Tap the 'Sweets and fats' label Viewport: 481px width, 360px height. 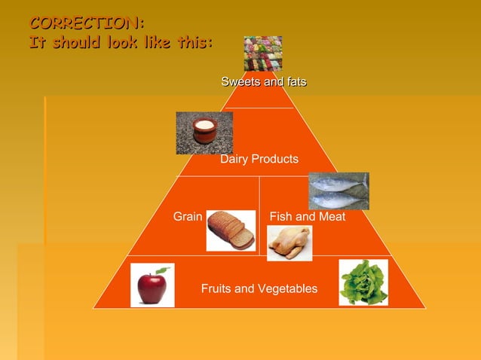(264, 81)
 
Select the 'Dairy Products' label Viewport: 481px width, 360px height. (259, 160)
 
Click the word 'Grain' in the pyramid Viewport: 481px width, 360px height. (188, 217)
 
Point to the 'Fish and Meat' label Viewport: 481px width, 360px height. (308, 217)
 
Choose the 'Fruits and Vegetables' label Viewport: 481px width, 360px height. (259, 289)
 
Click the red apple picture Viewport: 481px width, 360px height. (152, 285)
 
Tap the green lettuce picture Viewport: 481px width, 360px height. (363, 282)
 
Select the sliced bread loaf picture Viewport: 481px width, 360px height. (231, 230)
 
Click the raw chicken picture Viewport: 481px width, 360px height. (290, 243)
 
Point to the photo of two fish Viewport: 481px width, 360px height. (339, 191)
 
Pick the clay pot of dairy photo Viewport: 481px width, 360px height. (204, 133)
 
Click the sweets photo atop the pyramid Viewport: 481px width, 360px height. (262, 53)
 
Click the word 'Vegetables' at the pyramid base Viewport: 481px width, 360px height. (286, 289)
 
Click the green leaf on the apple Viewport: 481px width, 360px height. (161, 269)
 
